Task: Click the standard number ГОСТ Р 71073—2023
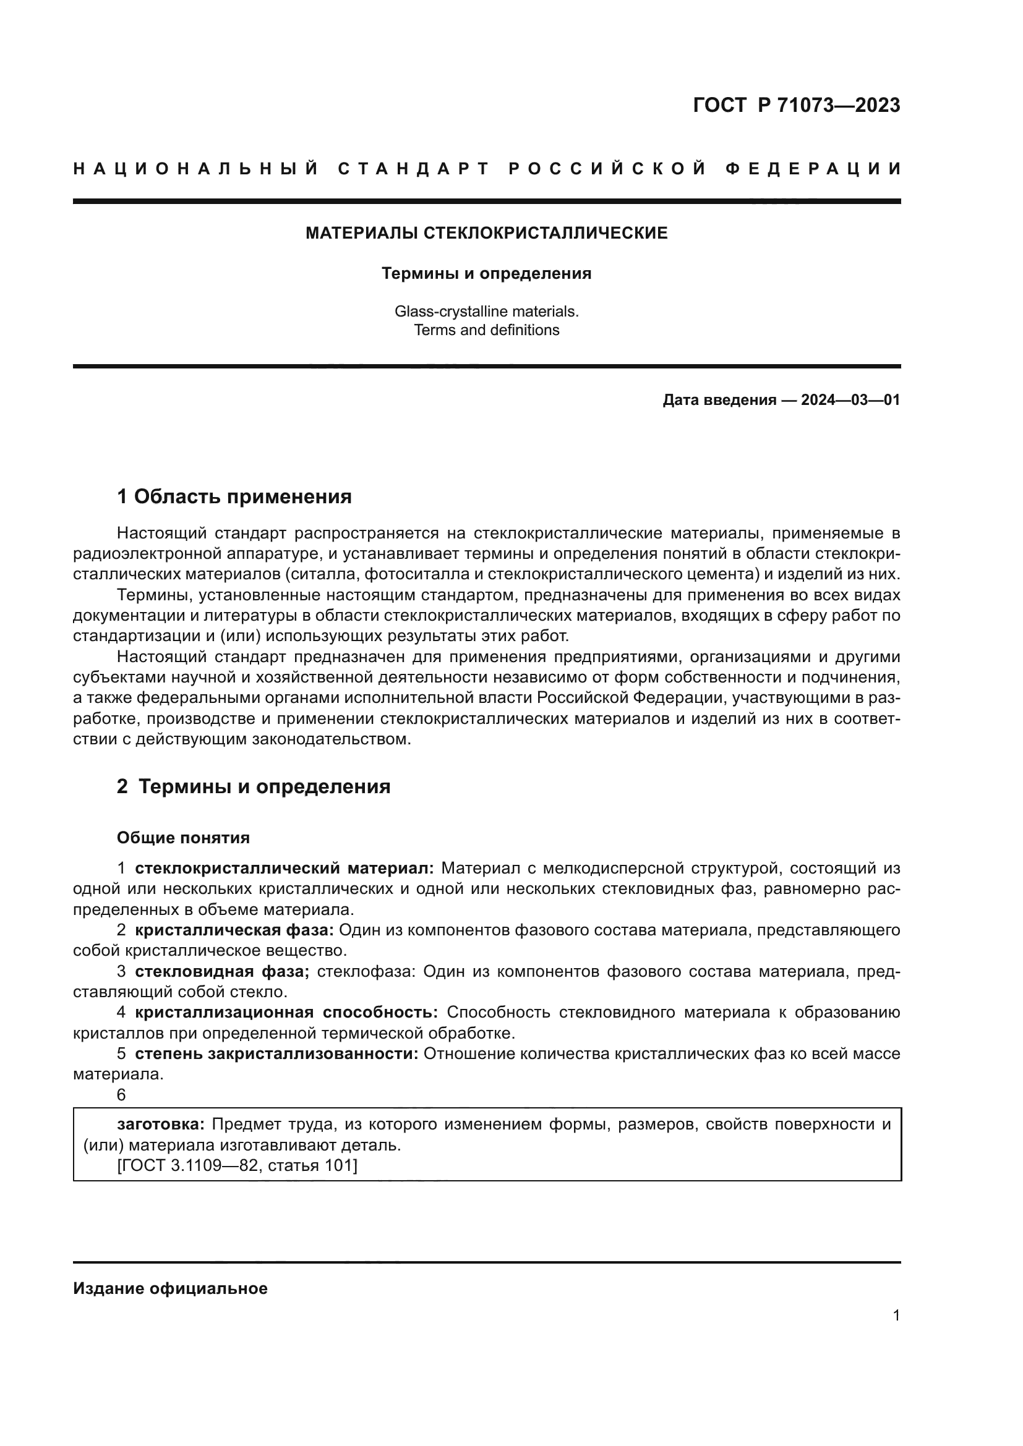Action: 796,105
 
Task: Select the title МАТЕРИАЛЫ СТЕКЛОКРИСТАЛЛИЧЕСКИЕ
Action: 486,233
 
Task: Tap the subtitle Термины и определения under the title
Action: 486,273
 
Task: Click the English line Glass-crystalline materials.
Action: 486,311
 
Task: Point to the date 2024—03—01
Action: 850,400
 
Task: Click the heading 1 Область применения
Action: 234,497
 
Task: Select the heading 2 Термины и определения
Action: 253,786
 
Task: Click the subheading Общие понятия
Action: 183,838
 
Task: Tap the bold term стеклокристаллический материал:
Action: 284,869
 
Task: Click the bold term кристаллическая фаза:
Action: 234,930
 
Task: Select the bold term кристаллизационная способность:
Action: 286,1013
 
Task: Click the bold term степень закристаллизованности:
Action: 276,1053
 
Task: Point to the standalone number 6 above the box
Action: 121,1095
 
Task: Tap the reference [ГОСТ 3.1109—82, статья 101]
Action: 237,1166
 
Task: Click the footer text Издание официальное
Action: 170,1288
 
